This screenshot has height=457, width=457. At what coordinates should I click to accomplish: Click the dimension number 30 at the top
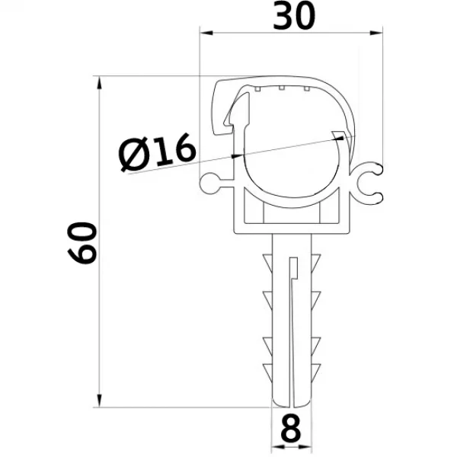coord(294,16)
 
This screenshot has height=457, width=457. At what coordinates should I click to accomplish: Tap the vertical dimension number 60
coord(81,243)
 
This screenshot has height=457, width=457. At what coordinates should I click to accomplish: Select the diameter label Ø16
coord(158,152)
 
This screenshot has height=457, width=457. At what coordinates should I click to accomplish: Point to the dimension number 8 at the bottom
coord(291,427)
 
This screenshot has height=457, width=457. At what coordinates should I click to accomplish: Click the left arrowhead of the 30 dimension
coord(206,33)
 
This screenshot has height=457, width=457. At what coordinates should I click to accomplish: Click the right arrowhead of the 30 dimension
coord(376,33)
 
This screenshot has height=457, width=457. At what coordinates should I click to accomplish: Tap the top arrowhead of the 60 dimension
coord(99,82)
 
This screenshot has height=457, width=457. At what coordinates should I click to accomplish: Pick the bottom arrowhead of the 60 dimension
coord(99,401)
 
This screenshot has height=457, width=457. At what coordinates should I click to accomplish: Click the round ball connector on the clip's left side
coord(209,184)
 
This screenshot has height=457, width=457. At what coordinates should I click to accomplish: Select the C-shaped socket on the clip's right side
coord(368,183)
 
